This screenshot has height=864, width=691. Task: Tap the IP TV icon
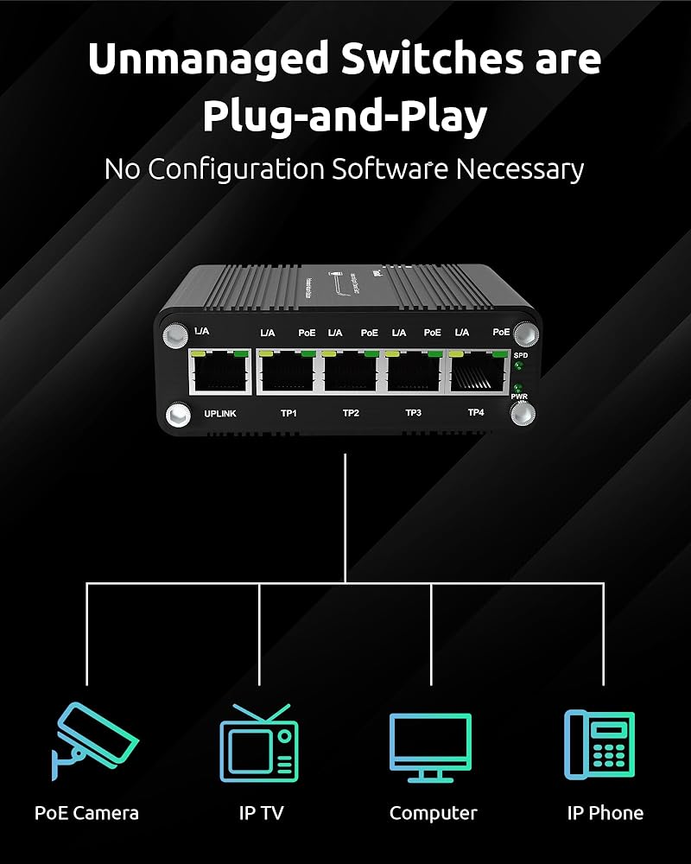coord(258,744)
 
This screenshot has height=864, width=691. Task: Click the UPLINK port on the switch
coord(220,372)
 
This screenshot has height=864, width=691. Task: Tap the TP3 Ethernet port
coord(415,372)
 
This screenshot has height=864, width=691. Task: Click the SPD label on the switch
coord(520,355)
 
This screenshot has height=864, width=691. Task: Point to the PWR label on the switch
coord(519,397)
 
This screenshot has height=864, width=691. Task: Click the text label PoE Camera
coord(86,813)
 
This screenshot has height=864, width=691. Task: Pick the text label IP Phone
coord(605,813)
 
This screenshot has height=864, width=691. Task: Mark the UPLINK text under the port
coord(220,414)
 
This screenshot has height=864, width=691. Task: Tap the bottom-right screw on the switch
coord(522,416)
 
